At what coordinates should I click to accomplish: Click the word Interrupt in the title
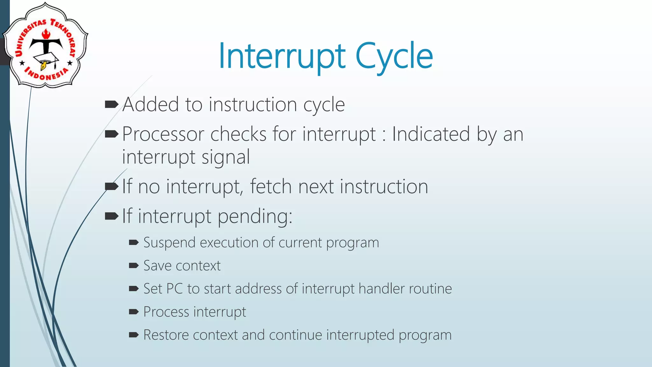click(x=282, y=57)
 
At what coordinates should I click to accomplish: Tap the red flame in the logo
click(x=46, y=33)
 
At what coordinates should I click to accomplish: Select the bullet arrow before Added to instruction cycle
click(x=111, y=104)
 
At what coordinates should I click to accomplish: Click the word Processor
click(x=163, y=134)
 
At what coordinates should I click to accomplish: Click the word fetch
click(x=271, y=186)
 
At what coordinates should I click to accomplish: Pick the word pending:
click(x=255, y=216)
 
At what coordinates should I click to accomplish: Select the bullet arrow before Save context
click(x=134, y=265)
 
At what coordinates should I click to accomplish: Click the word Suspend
click(x=169, y=243)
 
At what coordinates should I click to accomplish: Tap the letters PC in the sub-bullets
click(x=174, y=289)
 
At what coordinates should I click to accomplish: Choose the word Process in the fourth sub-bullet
click(x=166, y=312)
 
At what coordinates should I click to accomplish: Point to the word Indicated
click(x=431, y=134)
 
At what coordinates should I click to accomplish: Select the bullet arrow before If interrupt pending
click(x=111, y=216)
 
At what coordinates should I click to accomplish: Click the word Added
click(x=151, y=104)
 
